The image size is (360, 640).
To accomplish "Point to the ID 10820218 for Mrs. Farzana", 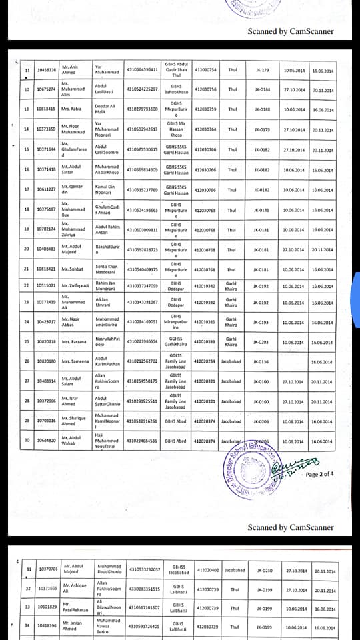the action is click(46, 342).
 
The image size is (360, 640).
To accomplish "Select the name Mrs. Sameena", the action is click(75, 361).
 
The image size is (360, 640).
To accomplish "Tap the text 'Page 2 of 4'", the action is click(320, 475).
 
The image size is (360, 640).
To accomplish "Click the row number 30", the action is click(27, 441).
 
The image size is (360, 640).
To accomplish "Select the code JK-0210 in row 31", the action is click(264, 571).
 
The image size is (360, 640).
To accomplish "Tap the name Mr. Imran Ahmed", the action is click(74, 626).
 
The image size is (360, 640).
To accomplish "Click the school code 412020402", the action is click(207, 571).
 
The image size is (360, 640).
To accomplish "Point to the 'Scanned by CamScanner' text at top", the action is click(290, 31).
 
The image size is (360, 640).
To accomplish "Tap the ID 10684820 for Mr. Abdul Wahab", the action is click(46, 441).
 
